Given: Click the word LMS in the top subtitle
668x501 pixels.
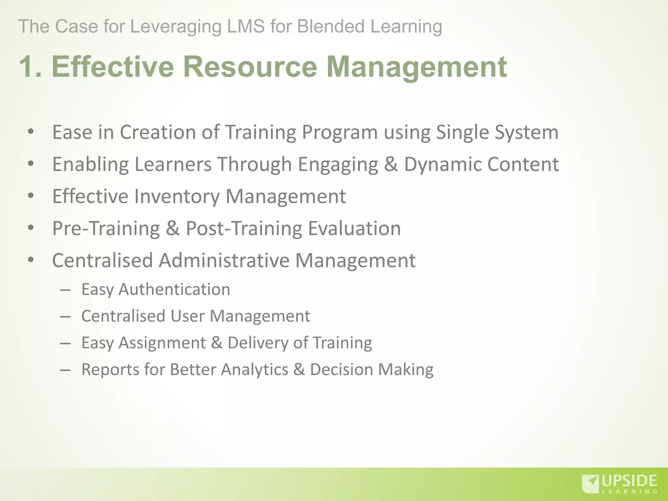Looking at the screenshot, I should tap(246, 26).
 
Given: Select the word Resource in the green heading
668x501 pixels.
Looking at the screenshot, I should tap(250, 67).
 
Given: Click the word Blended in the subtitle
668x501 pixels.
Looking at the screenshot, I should tap(330, 26).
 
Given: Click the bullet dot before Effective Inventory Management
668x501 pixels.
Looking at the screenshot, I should tap(31, 196).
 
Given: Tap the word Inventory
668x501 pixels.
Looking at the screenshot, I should tap(177, 196).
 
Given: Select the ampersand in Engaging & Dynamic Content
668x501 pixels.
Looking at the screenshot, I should tap(391, 164).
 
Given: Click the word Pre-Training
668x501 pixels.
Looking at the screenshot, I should tap(106, 228).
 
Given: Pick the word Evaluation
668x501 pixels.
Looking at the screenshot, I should tap(354, 228).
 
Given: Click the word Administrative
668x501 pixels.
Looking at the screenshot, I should tap(224, 260).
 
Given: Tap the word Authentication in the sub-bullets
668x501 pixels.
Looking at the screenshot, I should tap(174, 289).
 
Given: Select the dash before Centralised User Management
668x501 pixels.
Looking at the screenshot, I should tap(65, 316).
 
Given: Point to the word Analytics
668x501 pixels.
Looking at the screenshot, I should tap(254, 370).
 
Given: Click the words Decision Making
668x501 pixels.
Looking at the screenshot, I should tap(372, 370).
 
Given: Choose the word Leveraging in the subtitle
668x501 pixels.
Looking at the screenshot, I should tap(176, 26).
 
